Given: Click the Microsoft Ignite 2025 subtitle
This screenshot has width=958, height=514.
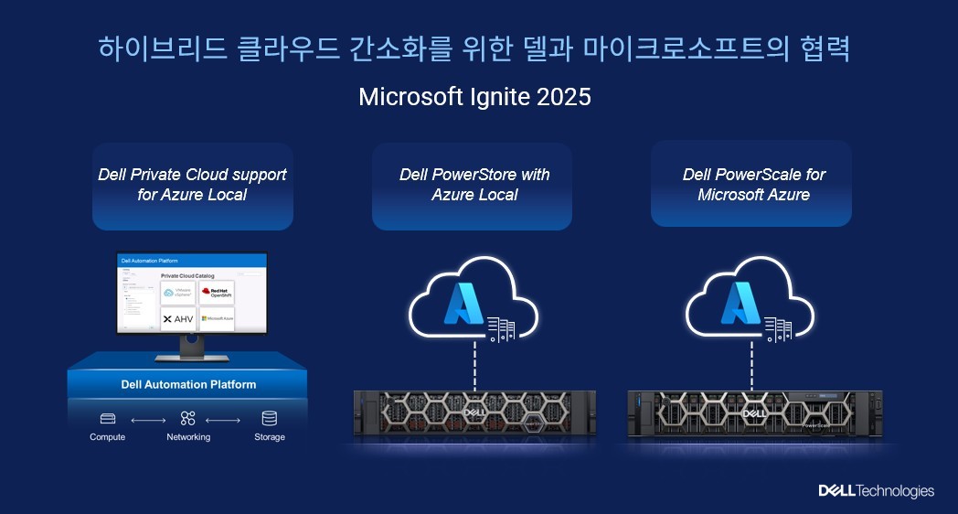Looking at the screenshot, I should point(474,97).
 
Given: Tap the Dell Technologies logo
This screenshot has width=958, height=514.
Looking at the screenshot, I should point(876,491).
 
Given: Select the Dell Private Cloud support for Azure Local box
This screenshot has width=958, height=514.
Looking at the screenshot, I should point(192,185).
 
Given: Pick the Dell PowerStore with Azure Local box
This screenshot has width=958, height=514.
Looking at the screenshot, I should point(472,185).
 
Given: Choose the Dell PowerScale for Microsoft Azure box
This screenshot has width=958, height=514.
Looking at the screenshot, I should point(751,185).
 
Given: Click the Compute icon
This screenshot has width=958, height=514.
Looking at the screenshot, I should point(108,418).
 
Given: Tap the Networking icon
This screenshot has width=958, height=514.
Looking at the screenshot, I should point(188,418).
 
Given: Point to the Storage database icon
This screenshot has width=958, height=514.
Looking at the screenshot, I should point(269,418).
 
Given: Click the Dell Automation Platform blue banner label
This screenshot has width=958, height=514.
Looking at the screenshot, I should point(188,384).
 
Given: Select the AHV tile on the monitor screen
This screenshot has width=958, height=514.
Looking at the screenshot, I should point(178,319).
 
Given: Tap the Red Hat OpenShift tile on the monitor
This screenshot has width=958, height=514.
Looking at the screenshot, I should point(217,293).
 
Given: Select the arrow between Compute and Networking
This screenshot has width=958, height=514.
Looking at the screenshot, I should point(148,420).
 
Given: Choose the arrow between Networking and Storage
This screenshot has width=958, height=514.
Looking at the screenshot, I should point(223,420).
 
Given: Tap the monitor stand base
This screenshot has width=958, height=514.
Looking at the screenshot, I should point(191,356).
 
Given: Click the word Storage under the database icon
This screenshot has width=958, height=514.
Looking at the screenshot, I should point(269,437).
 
